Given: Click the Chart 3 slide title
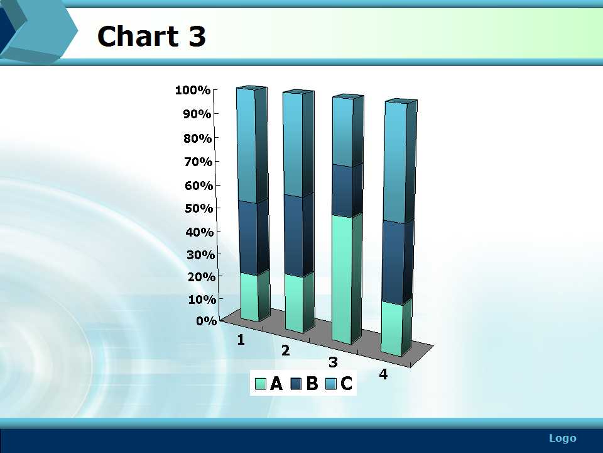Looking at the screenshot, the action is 151,36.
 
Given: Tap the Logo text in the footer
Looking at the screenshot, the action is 563,438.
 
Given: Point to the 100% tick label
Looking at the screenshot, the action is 193,90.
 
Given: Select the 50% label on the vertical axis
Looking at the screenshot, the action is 199,208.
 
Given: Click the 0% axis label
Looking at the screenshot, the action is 207,320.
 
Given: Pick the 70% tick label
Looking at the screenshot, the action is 198,162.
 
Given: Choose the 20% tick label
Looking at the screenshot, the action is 201,277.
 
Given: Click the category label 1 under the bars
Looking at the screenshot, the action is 241,340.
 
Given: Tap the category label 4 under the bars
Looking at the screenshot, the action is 383,374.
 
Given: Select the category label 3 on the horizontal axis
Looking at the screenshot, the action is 333,362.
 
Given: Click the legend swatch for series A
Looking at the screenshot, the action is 260,384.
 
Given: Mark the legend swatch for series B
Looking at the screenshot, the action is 296,384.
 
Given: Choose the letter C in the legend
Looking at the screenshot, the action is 346,384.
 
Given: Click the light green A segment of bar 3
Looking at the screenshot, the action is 342,278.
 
